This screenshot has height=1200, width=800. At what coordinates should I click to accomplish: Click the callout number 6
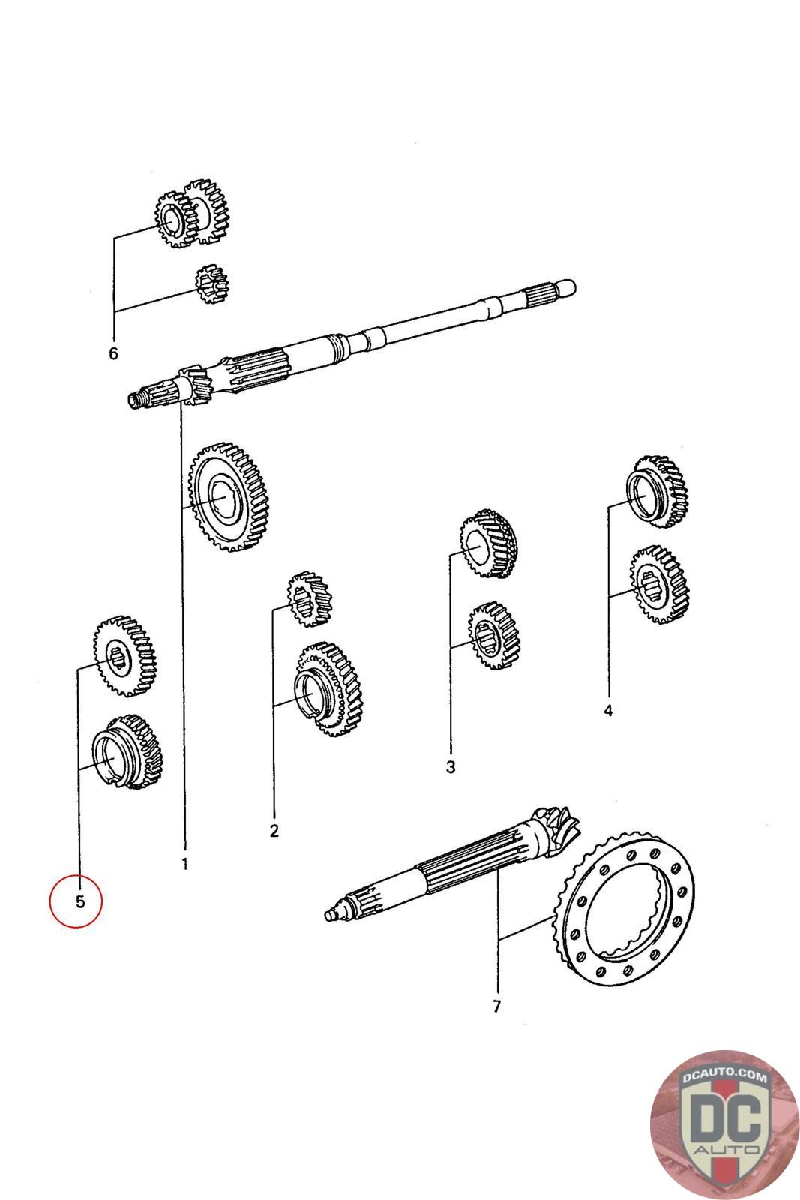pyautogui.click(x=113, y=353)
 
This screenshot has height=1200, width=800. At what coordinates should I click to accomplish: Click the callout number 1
pyautogui.click(x=184, y=864)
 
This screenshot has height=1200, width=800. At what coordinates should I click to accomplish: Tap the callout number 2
pyautogui.click(x=274, y=832)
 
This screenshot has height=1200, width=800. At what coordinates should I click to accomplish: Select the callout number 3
pyautogui.click(x=451, y=767)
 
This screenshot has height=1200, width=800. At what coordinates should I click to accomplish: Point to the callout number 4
pyautogui.click(x=608, y=711)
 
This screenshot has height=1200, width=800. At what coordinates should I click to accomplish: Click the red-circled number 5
pyautogui.click(x=80, y=901)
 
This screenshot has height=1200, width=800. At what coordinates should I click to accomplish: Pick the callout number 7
pyautogui.click(x=496, y=1006)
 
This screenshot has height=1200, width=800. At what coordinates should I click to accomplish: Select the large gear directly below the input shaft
pyautogui.click(x=229, y=496)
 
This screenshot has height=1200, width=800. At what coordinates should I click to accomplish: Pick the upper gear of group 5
pyautogui.click(x=125, y=656)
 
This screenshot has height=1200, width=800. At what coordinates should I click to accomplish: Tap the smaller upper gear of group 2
pyautogui.click(x=309, y=599)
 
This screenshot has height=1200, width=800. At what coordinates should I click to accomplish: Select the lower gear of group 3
pyautogui.click(x=493, y=636)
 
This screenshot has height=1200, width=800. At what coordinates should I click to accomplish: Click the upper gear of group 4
pyautogui.click(x=657, y=491)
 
